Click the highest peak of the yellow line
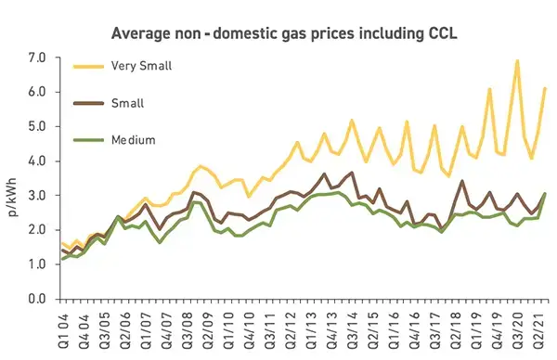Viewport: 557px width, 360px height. click(x=517, y=61)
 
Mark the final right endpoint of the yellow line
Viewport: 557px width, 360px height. click(x=545, y=88)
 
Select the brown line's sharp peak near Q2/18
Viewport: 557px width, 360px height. click(x=462, y=181)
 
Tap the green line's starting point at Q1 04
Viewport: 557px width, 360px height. click(x=62, y=258)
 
